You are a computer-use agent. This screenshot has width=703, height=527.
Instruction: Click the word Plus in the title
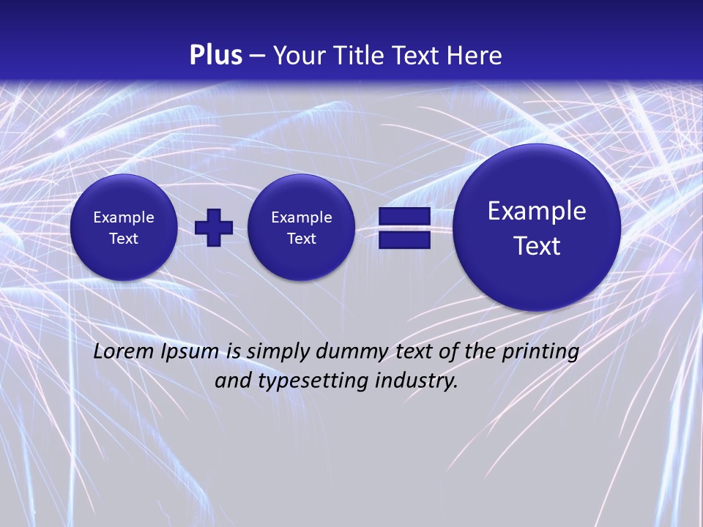pos(215,56)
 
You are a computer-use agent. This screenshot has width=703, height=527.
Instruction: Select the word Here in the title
pos(474,56)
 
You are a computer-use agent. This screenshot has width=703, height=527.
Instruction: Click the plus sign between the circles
pos(214,227)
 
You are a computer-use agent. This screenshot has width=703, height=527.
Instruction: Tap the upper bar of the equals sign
pos(404,217)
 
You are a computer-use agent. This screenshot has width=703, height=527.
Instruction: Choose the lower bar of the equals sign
pos(404,239)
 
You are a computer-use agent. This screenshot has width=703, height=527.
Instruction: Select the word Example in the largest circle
pos(537,211)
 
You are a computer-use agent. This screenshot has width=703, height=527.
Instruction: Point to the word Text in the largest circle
pos(537,246)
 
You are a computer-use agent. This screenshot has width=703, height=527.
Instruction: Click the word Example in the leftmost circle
pos(124,217)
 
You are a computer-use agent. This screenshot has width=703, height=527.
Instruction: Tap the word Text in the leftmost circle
pos(124,239)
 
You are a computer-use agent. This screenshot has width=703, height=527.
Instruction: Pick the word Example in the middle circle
pos(302,217)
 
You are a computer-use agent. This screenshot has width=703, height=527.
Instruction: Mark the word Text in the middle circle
pos(302,239)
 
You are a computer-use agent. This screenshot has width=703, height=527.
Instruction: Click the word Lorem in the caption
pos(124,351)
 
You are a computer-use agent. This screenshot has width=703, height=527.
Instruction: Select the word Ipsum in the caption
pos(190,351)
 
